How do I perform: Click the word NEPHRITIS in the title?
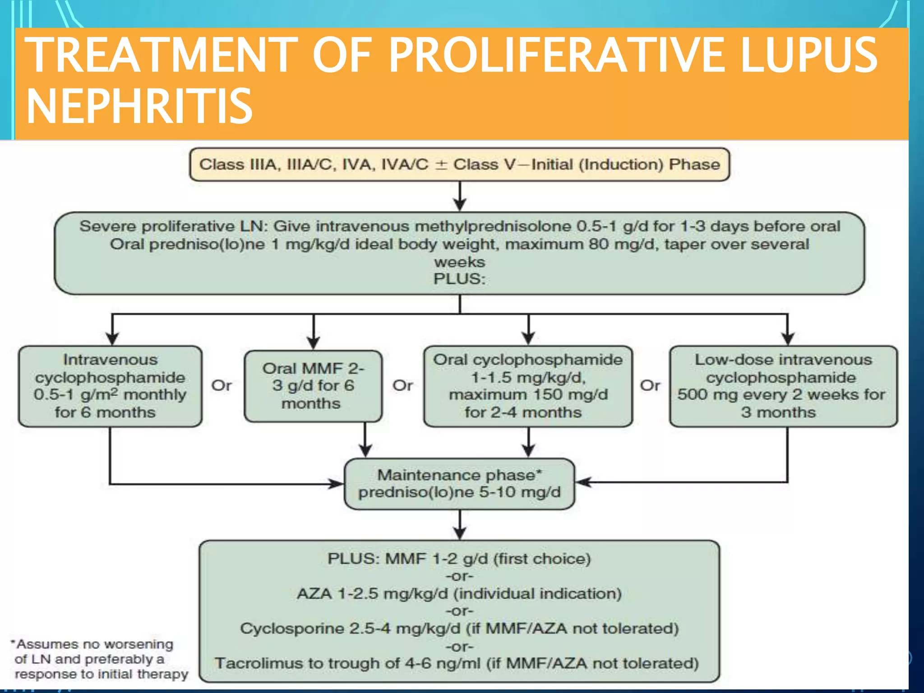pos(139,106)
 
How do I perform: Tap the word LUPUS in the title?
pos(808,55)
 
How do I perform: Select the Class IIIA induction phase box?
pos(459,165)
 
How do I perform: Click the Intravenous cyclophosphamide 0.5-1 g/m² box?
pos(110,386)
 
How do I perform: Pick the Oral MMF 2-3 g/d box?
pos(313,386)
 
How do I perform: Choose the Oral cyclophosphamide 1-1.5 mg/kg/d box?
pos(527,386)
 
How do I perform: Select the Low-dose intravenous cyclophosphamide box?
pos(783,386)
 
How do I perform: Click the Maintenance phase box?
pos(459,484)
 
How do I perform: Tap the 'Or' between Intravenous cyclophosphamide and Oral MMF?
pos(222,386)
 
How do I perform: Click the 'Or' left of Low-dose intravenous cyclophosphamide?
pos(650,386)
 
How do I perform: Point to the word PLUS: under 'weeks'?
pos(459,279)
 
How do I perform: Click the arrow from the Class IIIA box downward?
pos(460,196)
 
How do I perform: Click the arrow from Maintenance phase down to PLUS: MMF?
pos(460,525)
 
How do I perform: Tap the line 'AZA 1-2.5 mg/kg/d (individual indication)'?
pos(459,594)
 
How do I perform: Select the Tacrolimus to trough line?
pos(457,664)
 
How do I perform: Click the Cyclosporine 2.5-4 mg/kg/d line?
pos(459,628)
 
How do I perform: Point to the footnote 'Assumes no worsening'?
pos(95,645)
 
